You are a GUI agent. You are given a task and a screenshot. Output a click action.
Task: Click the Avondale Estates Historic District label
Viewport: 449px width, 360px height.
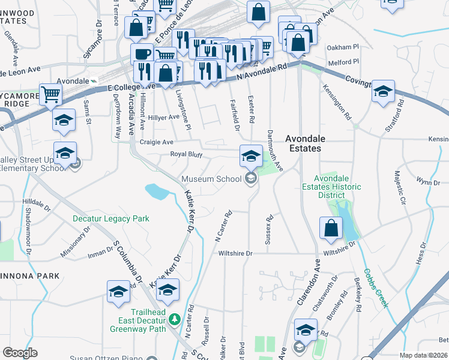pyautogui.click(x=337, y=187)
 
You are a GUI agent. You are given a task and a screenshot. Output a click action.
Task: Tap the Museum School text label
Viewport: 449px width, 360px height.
pyautogui.click(x=211, y=179)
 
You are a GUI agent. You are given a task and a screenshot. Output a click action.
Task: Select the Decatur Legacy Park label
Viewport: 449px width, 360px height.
pyautogui.click(x=111, y=219)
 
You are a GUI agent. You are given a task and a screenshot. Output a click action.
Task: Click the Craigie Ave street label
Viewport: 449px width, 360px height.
pyautogui.click(x=156, y=142)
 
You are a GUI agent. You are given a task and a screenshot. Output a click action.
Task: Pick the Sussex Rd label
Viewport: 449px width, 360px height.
pyautogui.click(x=270, y=230)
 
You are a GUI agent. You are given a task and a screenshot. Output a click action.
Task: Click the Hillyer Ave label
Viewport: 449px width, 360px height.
pyautogui.click(x=164, y=117)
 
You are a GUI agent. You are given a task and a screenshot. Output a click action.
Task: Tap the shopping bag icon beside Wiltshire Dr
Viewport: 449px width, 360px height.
pyautogui.click(x=331, y=229)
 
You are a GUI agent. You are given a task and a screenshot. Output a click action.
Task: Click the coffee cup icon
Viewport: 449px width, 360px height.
pyautogui.click(x=142, y=54)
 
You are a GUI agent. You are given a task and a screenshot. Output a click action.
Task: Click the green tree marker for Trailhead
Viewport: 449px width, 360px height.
pyautogui.click(x=175, y=319)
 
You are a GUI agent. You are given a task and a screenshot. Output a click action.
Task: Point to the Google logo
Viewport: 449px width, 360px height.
pyautogui.click(x=20, y=353)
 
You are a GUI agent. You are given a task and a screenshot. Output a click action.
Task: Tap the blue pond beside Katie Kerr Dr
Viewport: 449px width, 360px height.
pyautogui.click(x=156, y=191)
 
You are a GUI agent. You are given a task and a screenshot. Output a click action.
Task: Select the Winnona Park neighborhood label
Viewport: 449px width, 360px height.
pyautogui.click(x=30, y=275)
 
